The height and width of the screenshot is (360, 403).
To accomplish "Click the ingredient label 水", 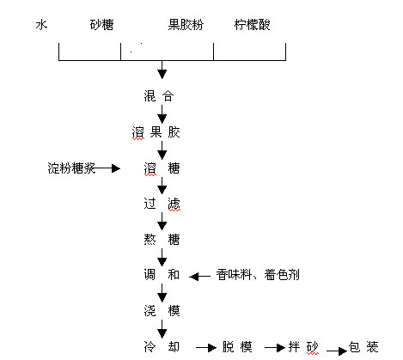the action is (41, 25).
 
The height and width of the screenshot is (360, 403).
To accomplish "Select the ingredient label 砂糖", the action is (101, 25).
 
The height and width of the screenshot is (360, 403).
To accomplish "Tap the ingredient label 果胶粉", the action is (186, 25).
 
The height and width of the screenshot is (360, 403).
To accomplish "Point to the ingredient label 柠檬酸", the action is (252, 25).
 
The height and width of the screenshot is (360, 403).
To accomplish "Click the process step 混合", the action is (159, 96).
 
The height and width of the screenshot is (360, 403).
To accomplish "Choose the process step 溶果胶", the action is (156, 132).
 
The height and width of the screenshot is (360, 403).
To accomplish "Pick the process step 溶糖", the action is (162, 168).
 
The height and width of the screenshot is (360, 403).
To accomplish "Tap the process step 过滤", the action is (162, 204).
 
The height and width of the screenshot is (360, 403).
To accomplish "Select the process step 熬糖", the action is (162, 240).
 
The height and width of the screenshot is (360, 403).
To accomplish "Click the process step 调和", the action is (162, 275).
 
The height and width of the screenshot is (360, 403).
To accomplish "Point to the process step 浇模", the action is (162, 311).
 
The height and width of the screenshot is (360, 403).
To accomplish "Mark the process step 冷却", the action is (162, 347).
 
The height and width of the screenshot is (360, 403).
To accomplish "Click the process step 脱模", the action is (237, 347).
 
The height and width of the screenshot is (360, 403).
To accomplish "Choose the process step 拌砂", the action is (303, 347).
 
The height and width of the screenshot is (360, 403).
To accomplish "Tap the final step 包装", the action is (363, 347).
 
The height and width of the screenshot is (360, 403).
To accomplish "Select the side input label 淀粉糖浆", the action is (71, 168).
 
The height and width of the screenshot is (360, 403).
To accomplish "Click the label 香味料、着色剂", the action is (258, 275).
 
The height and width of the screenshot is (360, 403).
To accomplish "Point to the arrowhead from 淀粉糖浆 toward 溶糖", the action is (116, 168).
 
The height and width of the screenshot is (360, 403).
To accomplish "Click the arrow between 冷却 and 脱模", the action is (206, 348).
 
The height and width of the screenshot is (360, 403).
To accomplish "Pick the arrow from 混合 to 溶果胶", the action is (162, 114).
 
